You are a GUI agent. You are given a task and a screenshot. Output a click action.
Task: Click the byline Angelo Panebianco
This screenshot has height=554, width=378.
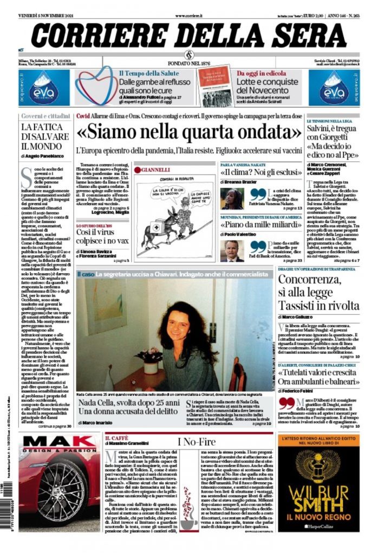[45, 156]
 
